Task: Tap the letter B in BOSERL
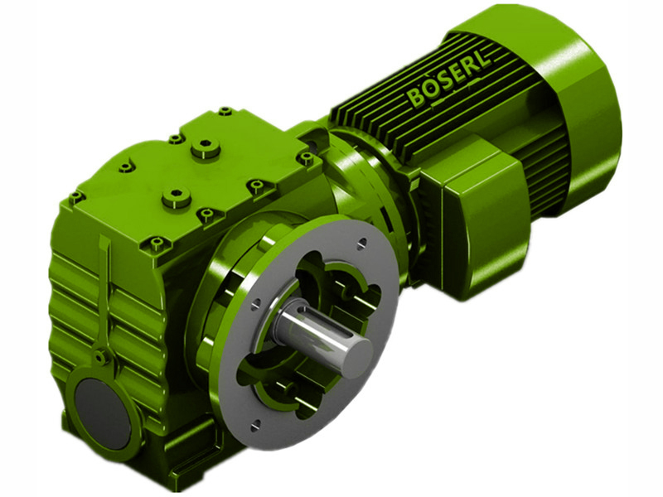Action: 414,98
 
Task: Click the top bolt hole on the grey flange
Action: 362,243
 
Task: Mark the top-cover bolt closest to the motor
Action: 307,157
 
